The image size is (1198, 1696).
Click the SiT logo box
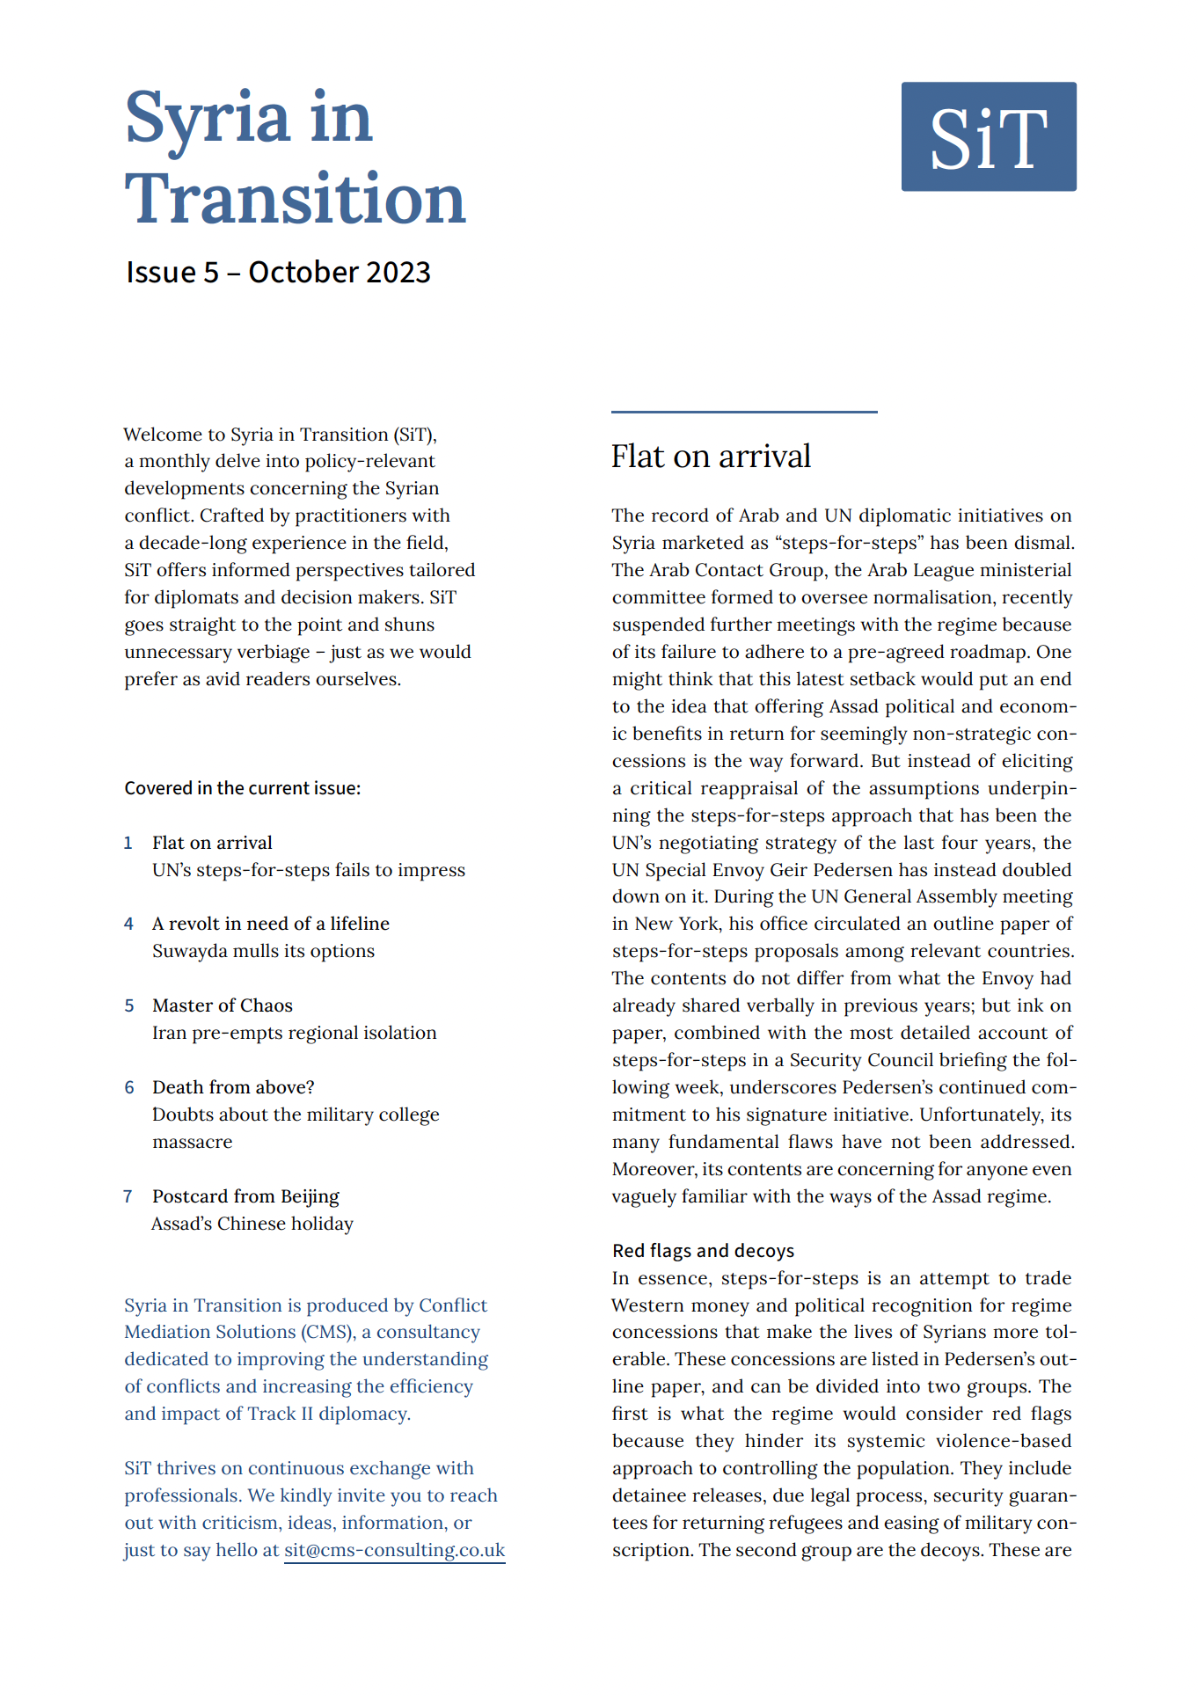tap(988, 136)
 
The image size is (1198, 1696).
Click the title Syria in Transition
tap(295, 158)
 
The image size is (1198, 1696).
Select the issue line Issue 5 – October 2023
tap(278, 273)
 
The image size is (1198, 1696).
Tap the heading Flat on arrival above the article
tap(711, 457)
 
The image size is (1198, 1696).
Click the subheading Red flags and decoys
tap(703, 1251)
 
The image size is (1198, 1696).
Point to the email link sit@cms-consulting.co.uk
tap(394, 1550)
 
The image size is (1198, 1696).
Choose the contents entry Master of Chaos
tap(222, 1005)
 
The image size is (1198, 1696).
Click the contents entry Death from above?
tap(233, 1087)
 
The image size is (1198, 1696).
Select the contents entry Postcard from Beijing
tap(245, 1196)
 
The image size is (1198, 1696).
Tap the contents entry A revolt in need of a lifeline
tap(270, 924)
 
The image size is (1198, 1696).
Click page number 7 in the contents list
tap(128, 1196)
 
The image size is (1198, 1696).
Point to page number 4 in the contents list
tap(128, 924)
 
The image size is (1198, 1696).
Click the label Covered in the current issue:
tap(242, 788)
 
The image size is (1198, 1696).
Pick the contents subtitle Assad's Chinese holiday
tap(252, 1224)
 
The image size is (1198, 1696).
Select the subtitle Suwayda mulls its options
tap(263, 951)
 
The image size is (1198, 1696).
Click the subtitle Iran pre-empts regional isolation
tap(294, 1033)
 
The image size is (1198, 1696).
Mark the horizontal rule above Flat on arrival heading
tap(744, 412)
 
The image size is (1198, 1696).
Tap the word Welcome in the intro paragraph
tap(163, 435)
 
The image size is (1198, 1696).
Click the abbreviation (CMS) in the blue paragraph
tap(328, 1332)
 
